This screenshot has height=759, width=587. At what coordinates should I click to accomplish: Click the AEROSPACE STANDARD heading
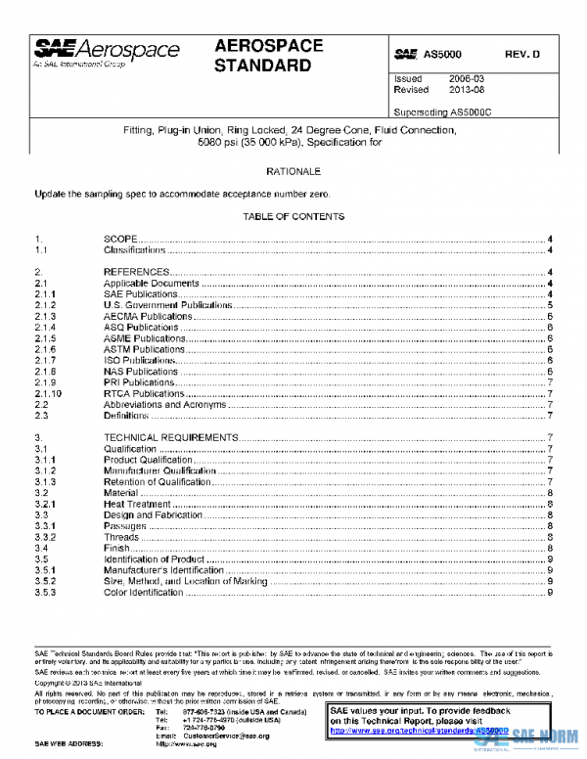click(263, 57)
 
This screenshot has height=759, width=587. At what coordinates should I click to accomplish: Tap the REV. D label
click(523, 55)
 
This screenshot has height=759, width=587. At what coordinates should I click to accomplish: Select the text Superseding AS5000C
click(442, 112)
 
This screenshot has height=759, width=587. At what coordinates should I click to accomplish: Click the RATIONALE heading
click(293, 171)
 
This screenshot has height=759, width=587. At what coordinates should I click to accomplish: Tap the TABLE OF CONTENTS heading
click(293, 216)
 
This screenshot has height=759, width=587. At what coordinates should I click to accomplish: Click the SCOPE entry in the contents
click(119, 239)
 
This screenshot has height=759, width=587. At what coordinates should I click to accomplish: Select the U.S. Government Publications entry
click(168, 305)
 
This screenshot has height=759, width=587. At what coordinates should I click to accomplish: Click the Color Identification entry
click(144, 592)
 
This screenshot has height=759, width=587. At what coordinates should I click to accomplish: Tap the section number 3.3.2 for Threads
click(45, 537)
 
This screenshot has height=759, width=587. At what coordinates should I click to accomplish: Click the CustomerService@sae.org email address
click(227, 735)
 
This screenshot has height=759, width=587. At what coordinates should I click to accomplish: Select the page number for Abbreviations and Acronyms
click(552, 404)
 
